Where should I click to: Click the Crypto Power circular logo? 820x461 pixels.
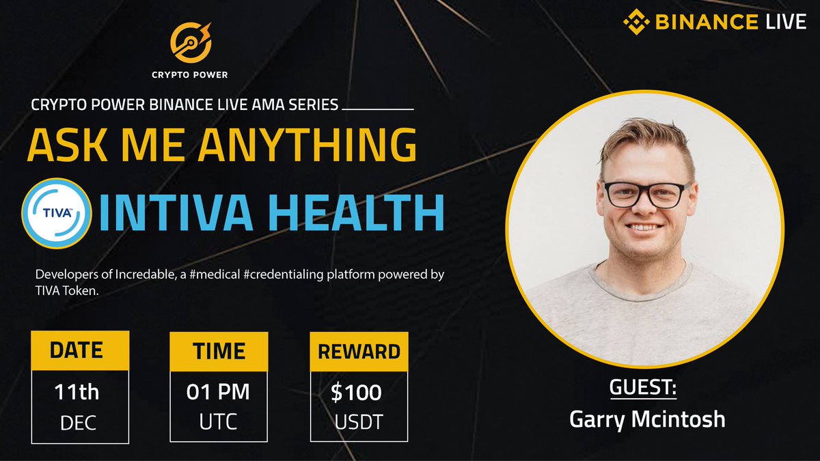coord(191,42)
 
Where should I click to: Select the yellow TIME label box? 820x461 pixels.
coord(219,351)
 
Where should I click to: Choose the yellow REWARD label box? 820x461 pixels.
coord(359,352)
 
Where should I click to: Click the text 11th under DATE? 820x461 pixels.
coord(77,392)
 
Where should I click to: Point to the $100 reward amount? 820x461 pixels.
coord(356,393)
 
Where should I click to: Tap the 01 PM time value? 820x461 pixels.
coord(218,393)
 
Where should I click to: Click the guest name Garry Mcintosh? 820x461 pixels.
coord(647,419)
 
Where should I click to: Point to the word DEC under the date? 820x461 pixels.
coord(77,422)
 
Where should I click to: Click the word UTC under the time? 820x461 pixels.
coord(219,421)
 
